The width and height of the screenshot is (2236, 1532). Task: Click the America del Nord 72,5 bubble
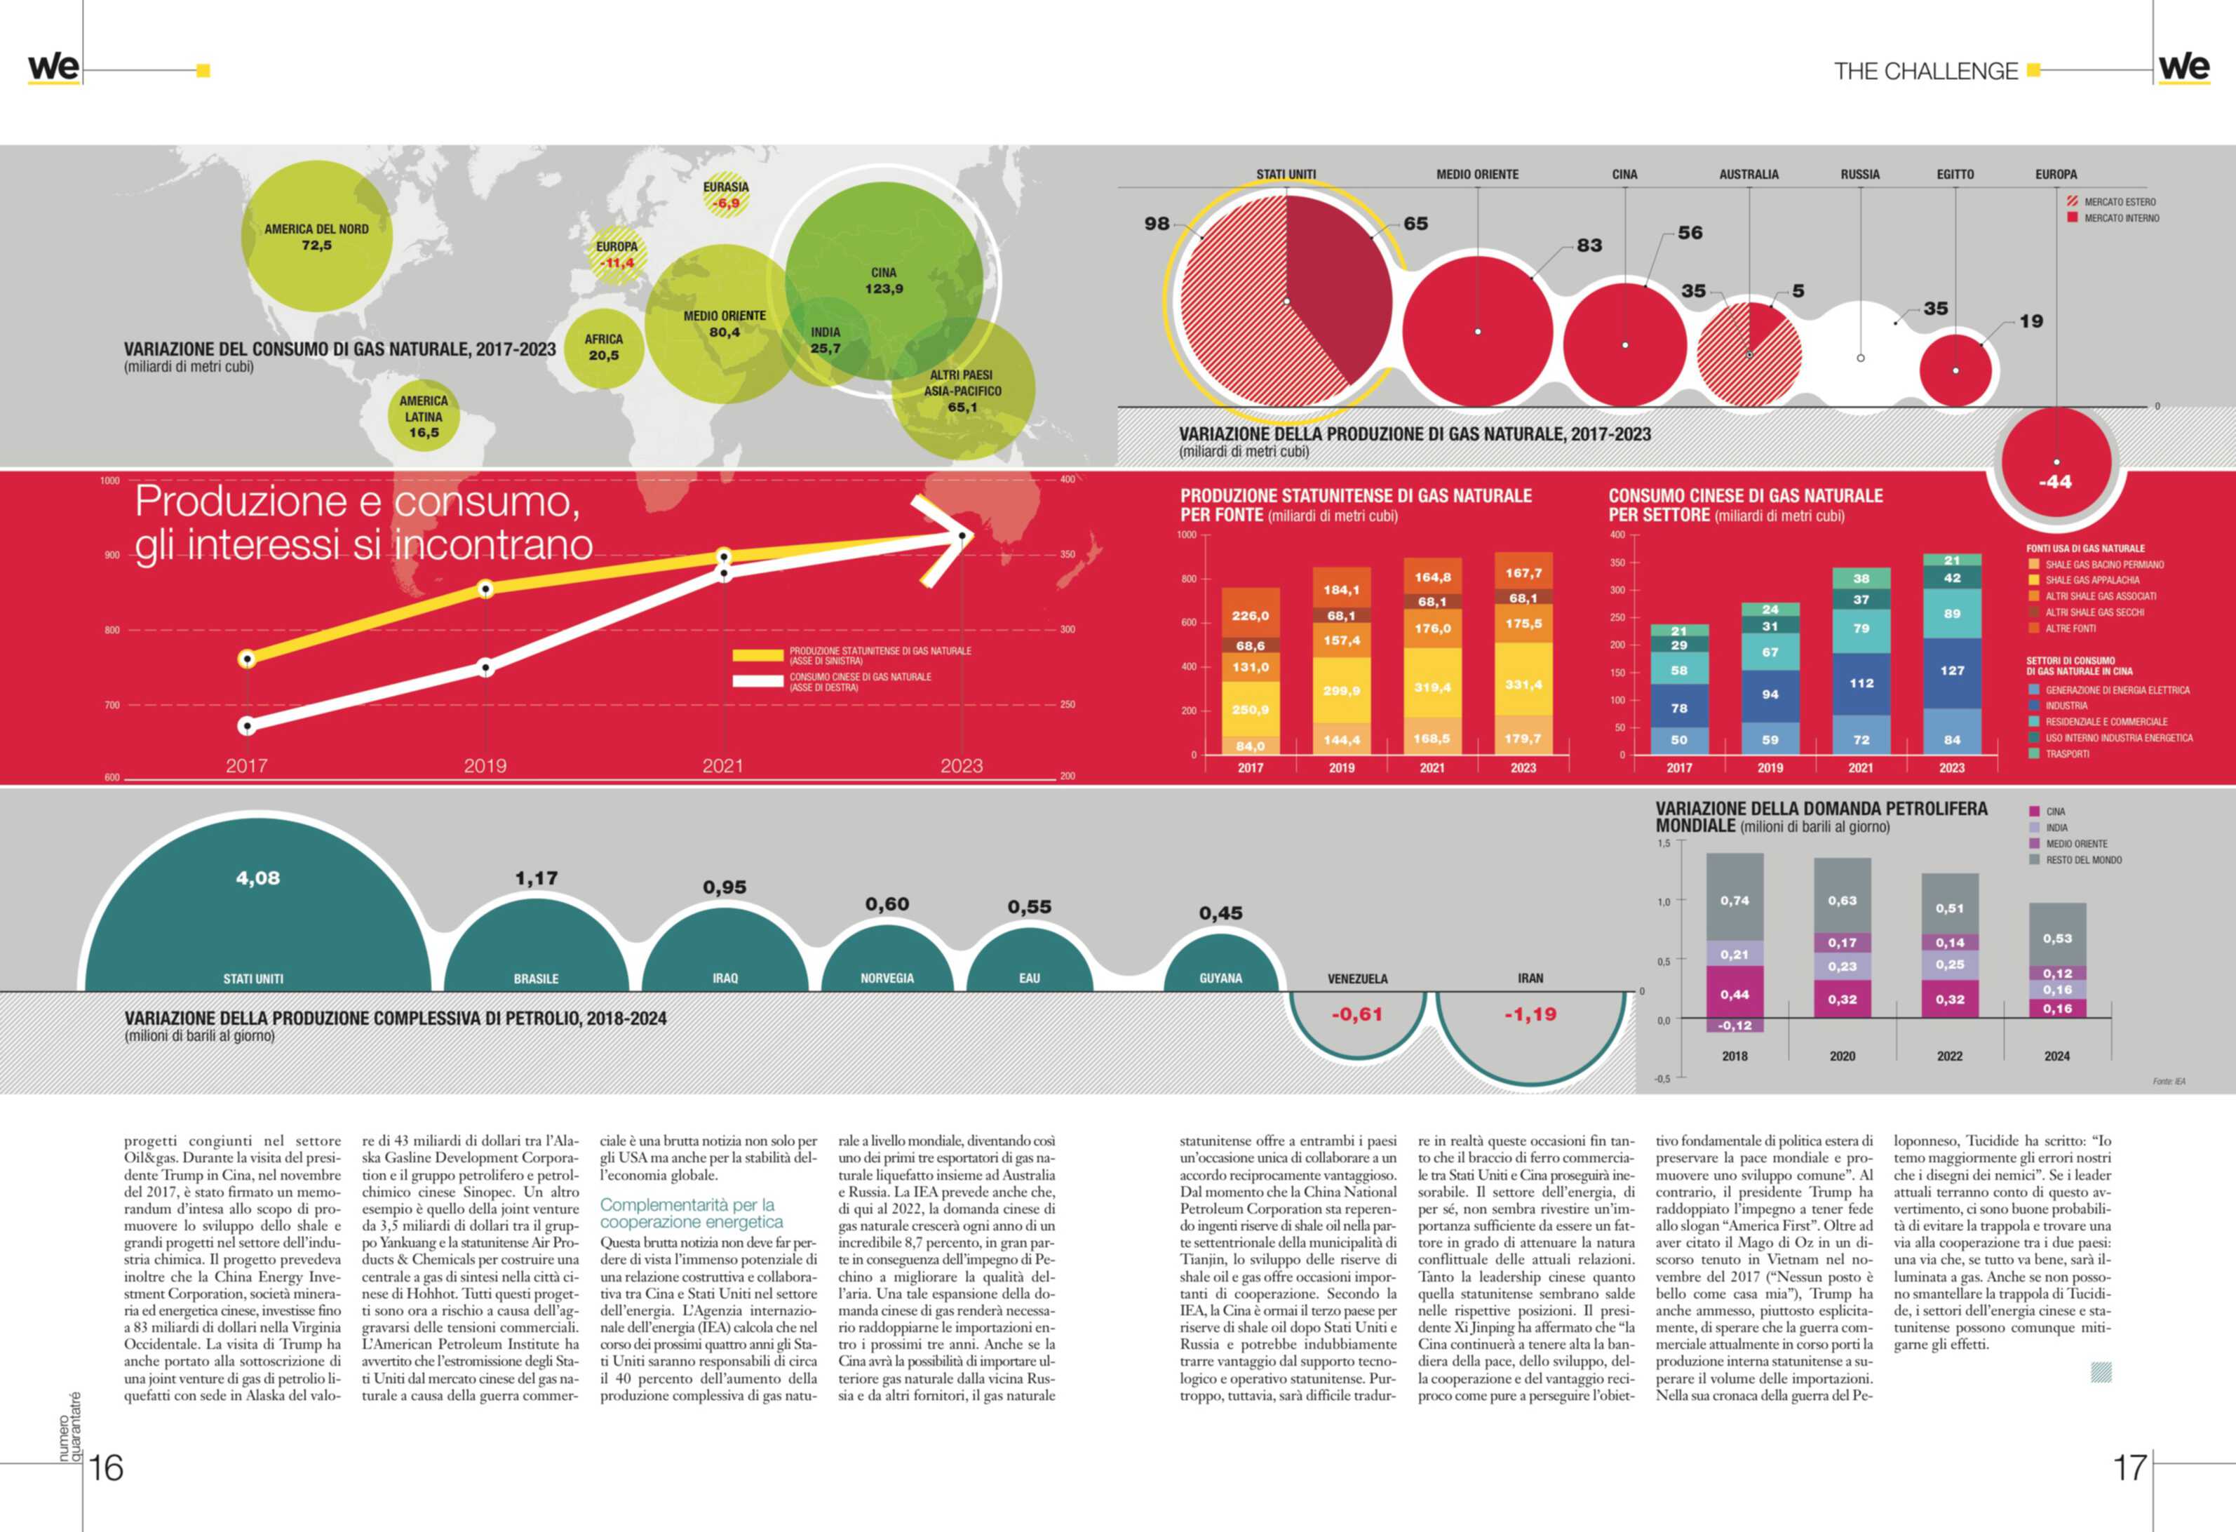click(x=316, y=236)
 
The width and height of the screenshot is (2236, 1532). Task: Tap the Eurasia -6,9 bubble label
click(x=725, y=195)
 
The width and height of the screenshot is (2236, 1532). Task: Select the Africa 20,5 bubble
click(x=603, y=347)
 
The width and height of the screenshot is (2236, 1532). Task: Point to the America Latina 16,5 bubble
click(x=424, y=417)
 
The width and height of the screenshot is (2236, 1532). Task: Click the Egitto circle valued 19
click(x=1955, y=370)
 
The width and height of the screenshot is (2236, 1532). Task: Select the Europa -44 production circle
click(x=2056, y=466)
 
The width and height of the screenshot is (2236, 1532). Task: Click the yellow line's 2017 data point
click(x=248, y=659)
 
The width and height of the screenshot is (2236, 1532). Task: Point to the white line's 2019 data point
click(x=486, y=667)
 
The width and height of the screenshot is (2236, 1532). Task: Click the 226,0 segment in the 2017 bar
click(x=1251, y=616)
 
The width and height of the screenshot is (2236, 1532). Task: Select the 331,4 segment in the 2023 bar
click(x=1523, y=684)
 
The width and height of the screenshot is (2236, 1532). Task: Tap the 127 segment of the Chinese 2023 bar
click(x=1952, y=671)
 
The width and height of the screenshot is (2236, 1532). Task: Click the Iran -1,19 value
click(x=1530, y=1014)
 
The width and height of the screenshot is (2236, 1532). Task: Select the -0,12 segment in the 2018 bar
click(x=1735, y=1026)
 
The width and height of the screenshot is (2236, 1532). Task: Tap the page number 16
click(x=106, y=1467)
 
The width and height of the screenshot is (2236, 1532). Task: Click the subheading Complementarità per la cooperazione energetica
click(x=692, y=1214)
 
